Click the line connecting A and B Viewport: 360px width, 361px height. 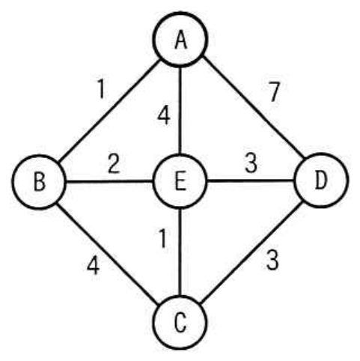[x=109, y=111]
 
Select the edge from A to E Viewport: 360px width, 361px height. [x=180, y=110]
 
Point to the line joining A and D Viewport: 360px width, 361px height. [x=253, y=108]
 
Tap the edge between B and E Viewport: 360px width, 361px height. [x=110, y=181]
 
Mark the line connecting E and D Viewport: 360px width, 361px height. [x=251, y=180]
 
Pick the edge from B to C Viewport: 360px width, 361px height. [x=108, y=253]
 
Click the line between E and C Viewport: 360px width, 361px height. [x=180, y=252]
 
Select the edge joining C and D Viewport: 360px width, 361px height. [x=252, y=252]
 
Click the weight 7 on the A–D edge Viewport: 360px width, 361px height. [x=275, y=91]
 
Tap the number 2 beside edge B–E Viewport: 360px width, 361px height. [x=114, y=163]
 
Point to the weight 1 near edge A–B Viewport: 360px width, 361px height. [x=100, y=89]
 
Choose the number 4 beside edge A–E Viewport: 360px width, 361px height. [x=164, y=116]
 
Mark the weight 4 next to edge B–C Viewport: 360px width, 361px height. [x=94, y=266]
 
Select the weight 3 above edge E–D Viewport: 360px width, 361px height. [x=251, y=163]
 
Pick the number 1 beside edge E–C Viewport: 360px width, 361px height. [x=162, y=239]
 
